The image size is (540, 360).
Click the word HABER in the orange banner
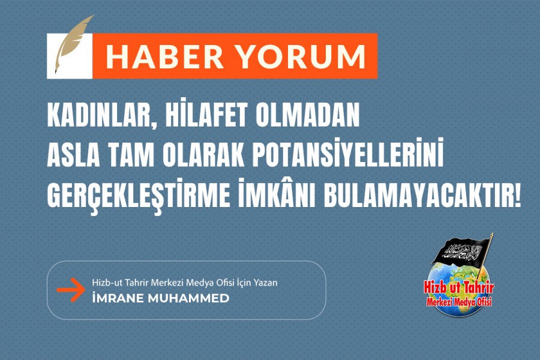[x=164, y=56]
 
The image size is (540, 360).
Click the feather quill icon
[x=74, y=44]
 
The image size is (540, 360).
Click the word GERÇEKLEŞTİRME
[x=139, y=196]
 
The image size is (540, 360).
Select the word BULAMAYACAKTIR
[x=422, y=196]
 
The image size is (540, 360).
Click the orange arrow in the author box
[x=71, y=290]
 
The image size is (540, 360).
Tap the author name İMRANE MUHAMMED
[x=160, y=298]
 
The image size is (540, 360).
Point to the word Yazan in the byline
[x=265, y=283]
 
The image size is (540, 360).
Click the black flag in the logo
[x=461, y=251]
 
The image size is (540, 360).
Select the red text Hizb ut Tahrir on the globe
[x=459, y=287]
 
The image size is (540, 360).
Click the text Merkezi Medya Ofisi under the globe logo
[x=459, y=302]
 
